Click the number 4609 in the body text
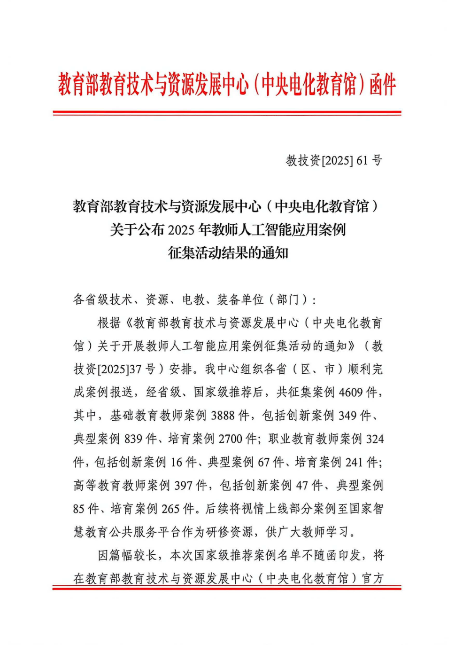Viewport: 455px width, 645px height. point(350,392)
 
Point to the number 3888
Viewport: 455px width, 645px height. point(223,416)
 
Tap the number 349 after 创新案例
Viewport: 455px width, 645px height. point(347,416)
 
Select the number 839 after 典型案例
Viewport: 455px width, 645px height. point(133,439)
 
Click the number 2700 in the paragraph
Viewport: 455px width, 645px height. point(230,439)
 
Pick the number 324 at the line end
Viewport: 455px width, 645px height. point(375,439)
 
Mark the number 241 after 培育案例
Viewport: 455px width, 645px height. point(354,462)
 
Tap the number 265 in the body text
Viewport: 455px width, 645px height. point(170,509)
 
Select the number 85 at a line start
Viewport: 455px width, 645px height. point(78,509)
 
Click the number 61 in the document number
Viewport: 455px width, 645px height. point(362,161)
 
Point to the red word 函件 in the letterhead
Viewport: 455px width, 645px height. point(382,85)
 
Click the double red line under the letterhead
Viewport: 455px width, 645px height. point(227,113)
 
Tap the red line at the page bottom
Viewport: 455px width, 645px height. point(227,588)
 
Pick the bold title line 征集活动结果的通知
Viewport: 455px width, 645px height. point(228,253)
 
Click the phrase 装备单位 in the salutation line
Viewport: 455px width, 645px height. point(240,299)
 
